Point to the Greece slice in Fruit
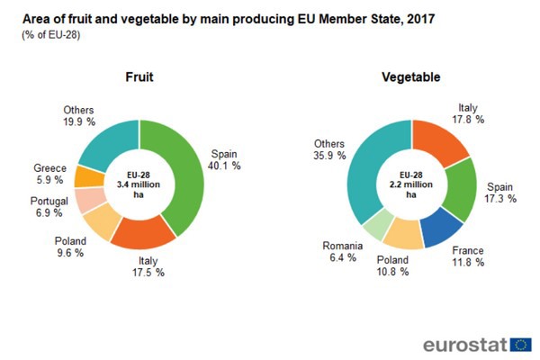coord(88,176)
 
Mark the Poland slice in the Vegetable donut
coord(404,235)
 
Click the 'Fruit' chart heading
coord(138,77)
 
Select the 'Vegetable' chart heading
coord(410,77)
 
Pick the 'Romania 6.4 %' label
coord(344,250)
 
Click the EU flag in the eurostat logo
coord(520,344)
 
